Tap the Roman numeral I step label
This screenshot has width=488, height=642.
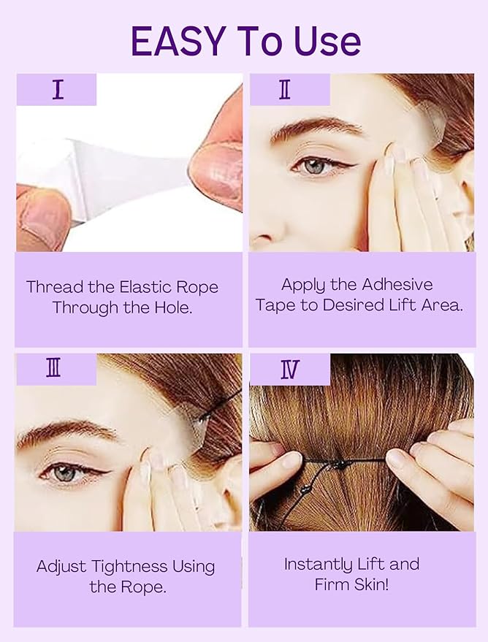tap(58, 89)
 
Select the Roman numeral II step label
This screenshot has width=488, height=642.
tap(285, 89)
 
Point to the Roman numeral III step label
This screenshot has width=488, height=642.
tap(53, 369)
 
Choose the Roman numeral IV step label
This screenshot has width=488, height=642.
tap(289, 370)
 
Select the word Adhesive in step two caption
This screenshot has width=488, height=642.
tap(394, 285)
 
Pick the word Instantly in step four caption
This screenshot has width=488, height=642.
tap(319, 564)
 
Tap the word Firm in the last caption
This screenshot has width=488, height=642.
tap(333, 584)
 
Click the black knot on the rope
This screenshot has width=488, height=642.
tap(338, 465)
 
